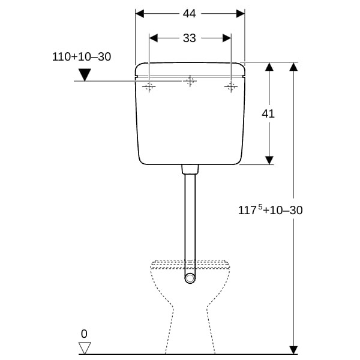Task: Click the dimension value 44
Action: [x=189, y=14]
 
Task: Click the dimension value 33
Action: [x=189, y=38]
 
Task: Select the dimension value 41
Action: [x=268, y=113]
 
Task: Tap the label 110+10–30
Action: [x=82, y=57]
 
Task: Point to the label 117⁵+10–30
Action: [x=270, y=210]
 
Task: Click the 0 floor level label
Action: [x=84, y=334]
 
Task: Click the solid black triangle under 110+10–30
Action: [x=85, y=74]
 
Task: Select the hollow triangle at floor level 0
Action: [x=85, y=348]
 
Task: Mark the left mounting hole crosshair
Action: [x=149, y=86]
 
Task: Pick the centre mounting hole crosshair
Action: [x=190, y=81]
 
